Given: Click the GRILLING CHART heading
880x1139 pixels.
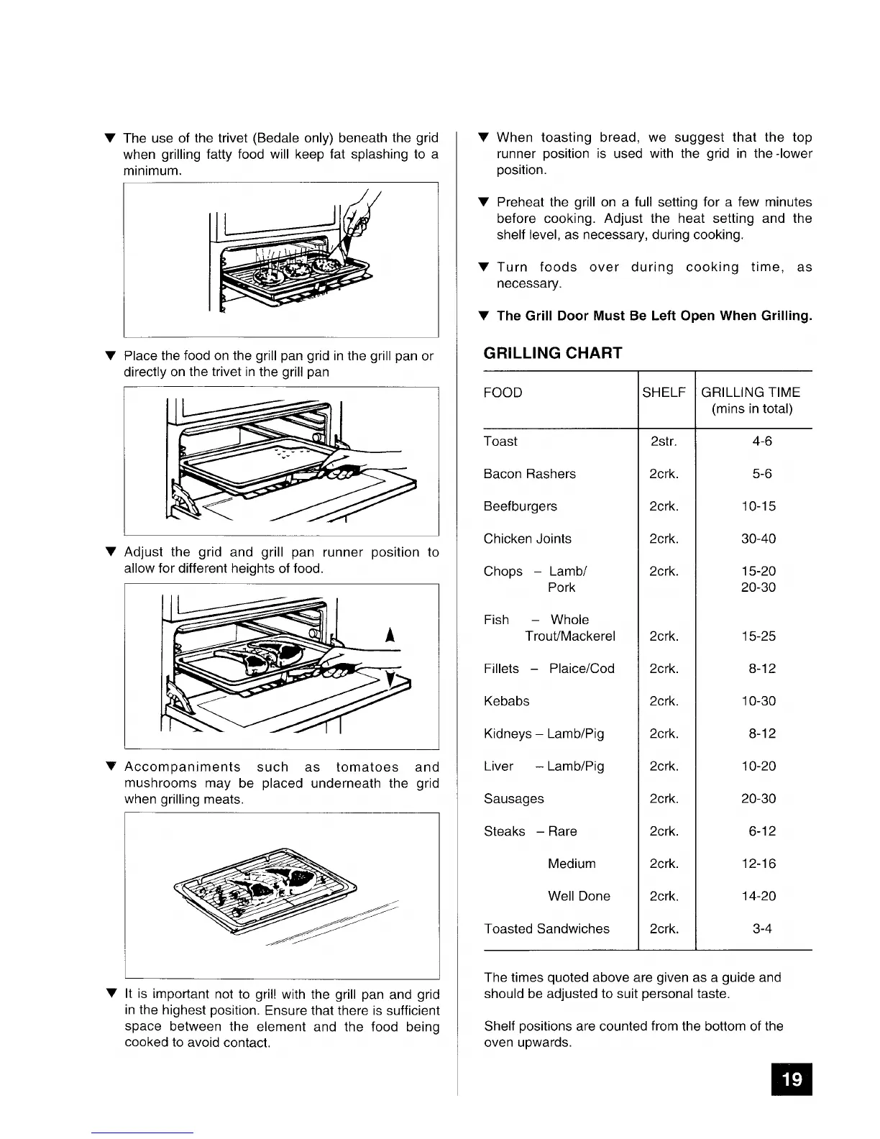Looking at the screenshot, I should [x=552, y=353].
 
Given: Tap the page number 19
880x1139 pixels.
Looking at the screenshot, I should [x=791, y=1079].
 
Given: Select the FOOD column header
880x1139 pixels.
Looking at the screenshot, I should [x=503, y=393].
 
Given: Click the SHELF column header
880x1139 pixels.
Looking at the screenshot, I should [x=664, y=393].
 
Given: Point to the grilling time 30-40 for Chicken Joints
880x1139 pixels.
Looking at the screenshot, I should [x=758, y=539].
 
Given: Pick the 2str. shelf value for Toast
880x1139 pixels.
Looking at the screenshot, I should [x=663, y=442].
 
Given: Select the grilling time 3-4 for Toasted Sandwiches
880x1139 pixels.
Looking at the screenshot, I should [x=761, y=929].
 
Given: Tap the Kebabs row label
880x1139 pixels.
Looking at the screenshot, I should [x=506, y=701].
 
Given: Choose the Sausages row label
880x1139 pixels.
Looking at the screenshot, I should [x=513, y=799].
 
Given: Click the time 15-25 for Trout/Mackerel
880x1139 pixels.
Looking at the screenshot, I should [x=758, y=636].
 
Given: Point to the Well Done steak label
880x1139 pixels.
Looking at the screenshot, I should [x=579, y=896].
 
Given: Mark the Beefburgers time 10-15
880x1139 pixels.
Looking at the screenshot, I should [x=758, y=506].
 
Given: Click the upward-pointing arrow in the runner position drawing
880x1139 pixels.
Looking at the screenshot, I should [x=389, y=635].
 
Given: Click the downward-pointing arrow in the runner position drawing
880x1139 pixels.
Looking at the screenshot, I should [x=389, y=680].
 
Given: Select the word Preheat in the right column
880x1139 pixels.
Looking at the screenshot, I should [x=521, y=202].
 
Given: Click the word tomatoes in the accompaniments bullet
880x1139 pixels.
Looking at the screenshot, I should [x=367, y=767].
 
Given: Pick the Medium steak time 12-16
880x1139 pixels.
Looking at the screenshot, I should [x=758, y=864].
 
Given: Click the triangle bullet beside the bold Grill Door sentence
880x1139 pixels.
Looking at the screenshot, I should [x=484, y=316].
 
